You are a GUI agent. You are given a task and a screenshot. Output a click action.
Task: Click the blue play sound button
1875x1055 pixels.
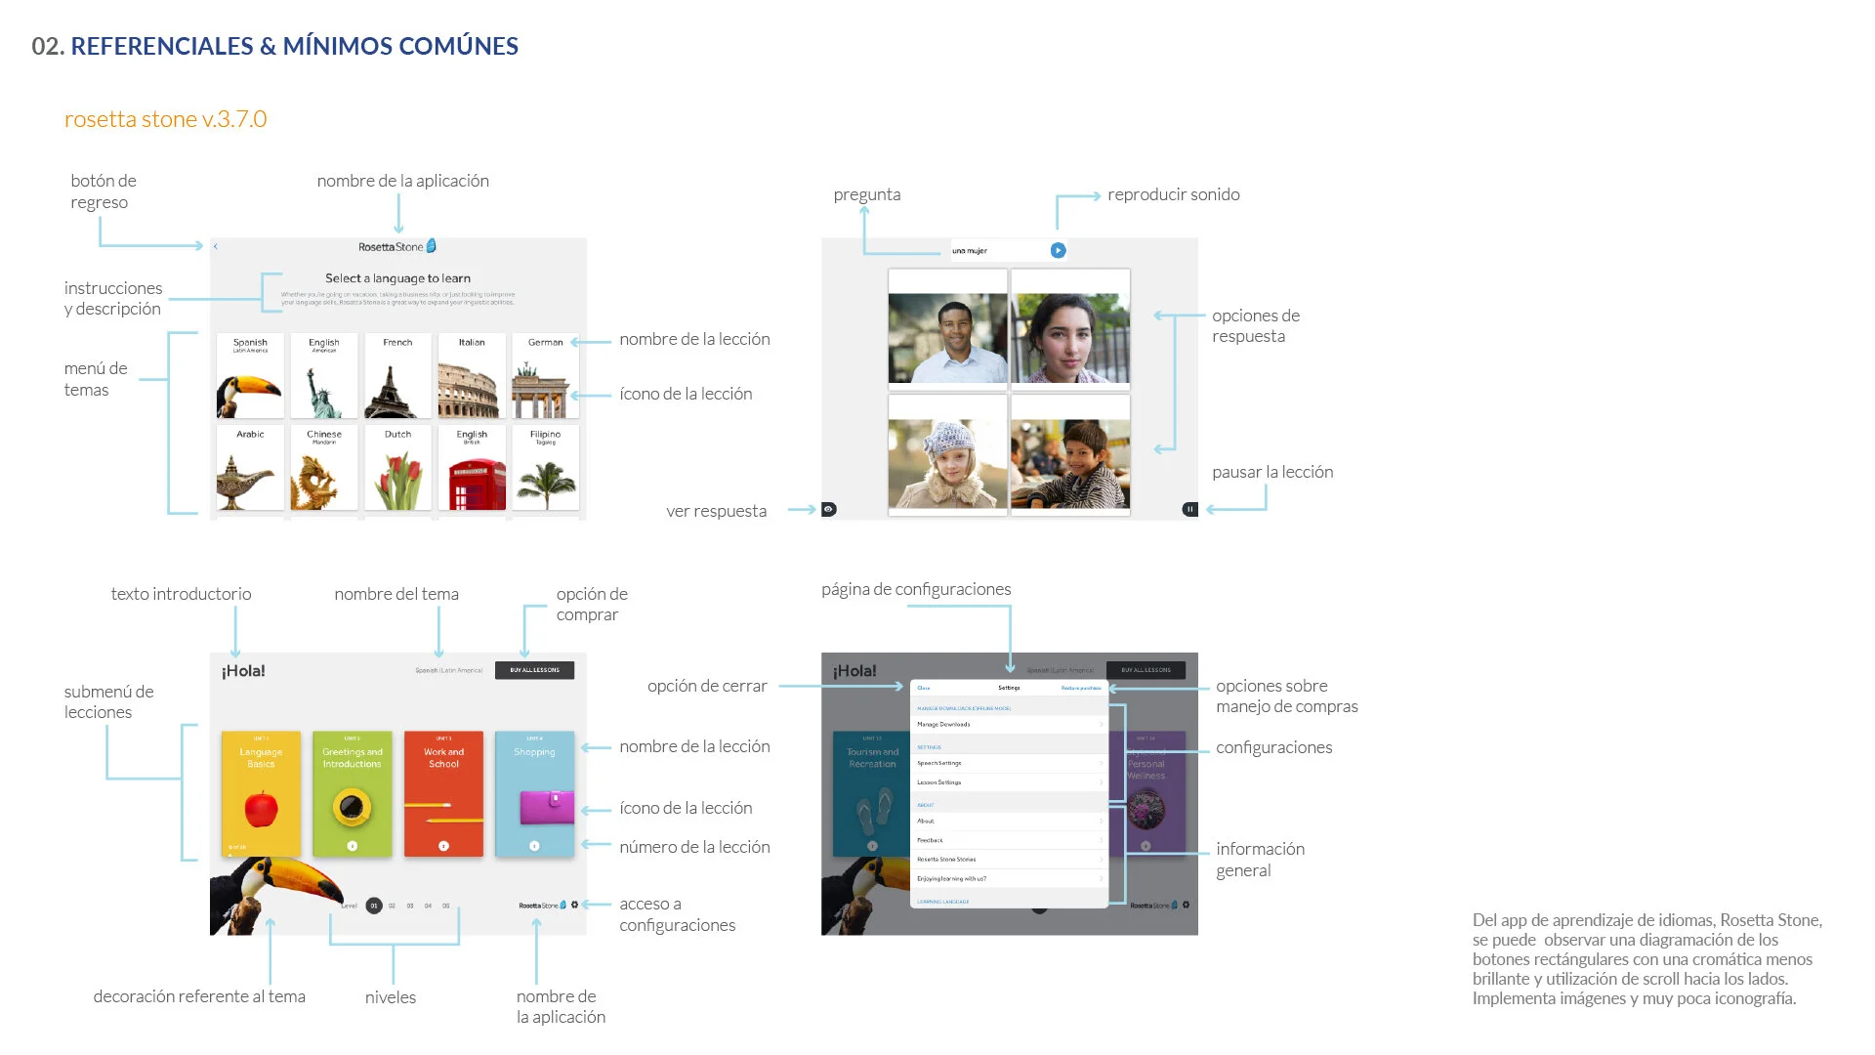(x=1058, y=251)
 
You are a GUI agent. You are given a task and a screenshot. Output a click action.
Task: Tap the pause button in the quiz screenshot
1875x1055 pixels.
(x=1189, y=509)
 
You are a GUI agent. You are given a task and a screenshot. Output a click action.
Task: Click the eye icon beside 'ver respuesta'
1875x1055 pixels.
(x=829, y=509)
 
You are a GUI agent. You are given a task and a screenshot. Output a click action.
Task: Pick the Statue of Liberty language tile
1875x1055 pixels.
(x=323, y=376)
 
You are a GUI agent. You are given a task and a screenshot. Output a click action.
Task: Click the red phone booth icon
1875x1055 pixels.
(x=473, y=484)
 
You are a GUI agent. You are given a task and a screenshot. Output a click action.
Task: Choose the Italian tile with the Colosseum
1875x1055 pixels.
(x=472, y=376)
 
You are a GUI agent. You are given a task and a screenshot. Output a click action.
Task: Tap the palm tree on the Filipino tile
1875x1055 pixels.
(x=546, y=484)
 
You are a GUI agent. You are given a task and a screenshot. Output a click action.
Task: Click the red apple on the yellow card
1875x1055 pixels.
(x=261, y=809)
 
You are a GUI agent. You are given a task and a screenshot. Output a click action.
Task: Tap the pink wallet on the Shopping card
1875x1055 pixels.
(x=547, y=807)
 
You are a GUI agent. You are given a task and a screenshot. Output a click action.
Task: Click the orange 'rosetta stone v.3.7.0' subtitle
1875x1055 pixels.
(x=166, y=119)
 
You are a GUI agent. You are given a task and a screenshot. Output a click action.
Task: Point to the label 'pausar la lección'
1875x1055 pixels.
(x=1272, y=472)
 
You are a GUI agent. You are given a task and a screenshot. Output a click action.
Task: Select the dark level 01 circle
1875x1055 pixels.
(x=374, y=906)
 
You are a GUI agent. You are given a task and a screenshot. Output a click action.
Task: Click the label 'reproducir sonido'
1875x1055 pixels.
(x=1173, y=194)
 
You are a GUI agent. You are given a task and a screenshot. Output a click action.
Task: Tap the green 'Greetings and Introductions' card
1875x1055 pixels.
(x=352, y=793)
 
